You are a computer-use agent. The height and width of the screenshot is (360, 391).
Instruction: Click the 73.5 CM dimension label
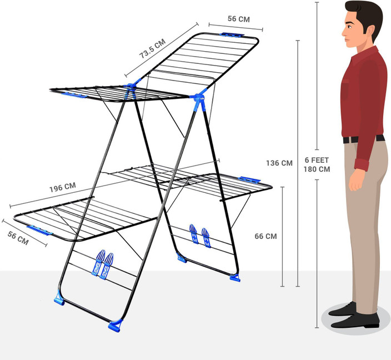(152, 48)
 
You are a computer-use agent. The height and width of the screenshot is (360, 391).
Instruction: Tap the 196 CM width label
(62, 187)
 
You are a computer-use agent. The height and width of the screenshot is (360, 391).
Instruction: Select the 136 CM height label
(279, 163)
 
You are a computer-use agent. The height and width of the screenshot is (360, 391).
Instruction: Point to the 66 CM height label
(265, 236)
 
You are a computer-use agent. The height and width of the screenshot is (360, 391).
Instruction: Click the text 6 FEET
(317, 160)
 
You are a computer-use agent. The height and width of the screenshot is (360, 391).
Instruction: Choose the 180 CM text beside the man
(317, 169)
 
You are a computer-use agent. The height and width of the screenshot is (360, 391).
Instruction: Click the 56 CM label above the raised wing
(239, 19)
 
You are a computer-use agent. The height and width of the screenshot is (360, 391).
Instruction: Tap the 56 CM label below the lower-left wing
(18, 238)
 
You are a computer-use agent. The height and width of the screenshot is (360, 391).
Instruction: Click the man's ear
(370, 31)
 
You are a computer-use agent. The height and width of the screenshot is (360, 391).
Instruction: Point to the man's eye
(349, 27)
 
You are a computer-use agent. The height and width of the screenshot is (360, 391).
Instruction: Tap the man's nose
(344, 32)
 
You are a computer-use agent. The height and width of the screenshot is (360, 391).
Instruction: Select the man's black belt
(364, 139)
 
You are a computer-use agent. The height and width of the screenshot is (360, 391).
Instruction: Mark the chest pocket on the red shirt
(344, 88)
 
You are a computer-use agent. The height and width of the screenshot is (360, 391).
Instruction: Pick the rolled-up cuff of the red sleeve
(362, 164)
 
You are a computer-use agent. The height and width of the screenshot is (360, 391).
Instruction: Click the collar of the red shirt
(365, 52)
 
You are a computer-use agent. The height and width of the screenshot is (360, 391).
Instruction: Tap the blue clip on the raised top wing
(232, 35)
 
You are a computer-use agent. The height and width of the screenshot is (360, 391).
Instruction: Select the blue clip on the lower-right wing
(249, 180)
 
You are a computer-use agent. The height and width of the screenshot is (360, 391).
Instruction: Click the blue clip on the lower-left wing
(39, 230)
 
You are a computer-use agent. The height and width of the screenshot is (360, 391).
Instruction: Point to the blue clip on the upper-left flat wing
(74, 95)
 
